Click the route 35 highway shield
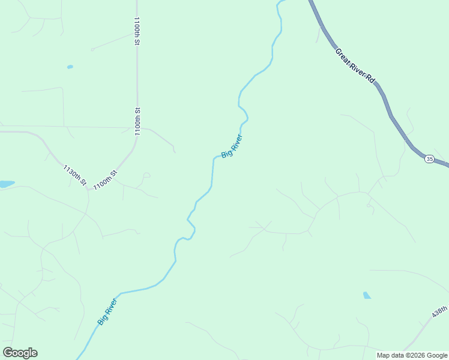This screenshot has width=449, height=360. point(429,158)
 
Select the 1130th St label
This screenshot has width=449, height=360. point(75,175)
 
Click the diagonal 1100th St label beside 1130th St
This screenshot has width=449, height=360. point(105,179)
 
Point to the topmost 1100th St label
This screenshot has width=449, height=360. point(137,31)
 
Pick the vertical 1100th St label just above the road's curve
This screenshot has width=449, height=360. point(137,122)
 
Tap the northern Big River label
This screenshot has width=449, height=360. point(232,146)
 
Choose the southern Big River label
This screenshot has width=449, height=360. point(107,312)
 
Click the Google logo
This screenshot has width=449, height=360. point(20,352)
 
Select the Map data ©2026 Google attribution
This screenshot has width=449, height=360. point(412,355)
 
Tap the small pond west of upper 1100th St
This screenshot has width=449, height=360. point(70,67)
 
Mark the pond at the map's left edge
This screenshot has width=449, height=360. point(6,184)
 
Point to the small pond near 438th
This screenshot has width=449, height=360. point(367,295)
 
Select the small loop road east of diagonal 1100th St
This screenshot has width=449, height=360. point(146,175)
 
